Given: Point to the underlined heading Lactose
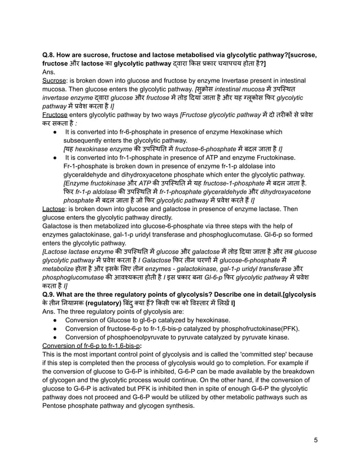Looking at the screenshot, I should [56, 208].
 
